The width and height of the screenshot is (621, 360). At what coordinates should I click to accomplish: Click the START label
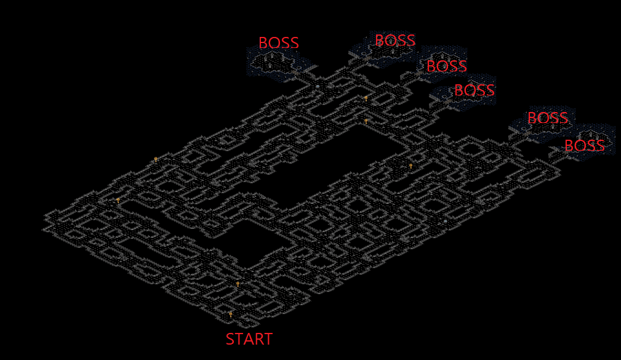249,339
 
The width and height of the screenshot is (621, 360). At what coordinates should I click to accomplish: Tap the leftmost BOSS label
278,43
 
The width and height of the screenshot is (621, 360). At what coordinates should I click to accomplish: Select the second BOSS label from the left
395,41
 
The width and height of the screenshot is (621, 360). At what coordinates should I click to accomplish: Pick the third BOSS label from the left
447,66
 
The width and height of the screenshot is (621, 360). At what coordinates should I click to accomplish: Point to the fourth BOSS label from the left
475,90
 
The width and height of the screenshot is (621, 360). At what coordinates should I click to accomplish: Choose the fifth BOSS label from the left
548,118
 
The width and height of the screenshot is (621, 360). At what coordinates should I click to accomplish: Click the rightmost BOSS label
585,146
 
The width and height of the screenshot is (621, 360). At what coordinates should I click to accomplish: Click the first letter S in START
230,339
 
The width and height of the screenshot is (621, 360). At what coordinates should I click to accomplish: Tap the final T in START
268,339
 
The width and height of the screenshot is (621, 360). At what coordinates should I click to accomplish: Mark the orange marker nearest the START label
231,314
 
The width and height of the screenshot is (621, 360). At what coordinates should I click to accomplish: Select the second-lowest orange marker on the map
238,284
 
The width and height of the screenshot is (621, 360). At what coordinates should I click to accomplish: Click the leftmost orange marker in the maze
118,199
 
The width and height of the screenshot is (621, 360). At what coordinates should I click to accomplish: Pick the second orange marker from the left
156,159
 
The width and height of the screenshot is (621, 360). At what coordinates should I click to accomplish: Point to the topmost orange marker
366,97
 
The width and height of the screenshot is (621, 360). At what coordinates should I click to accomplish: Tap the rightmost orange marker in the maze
411,165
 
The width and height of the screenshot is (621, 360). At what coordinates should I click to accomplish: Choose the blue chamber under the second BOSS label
385,54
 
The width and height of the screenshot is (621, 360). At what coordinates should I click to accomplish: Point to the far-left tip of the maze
44,217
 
